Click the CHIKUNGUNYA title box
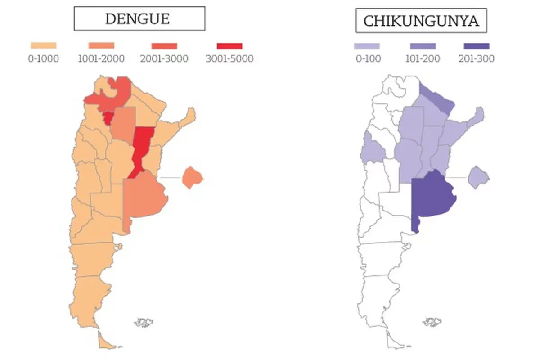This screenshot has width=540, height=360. click(x=421, y=21)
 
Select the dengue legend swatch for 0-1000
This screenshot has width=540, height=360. click(x=43, y=45)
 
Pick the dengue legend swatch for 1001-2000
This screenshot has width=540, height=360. click(x=101, y=45)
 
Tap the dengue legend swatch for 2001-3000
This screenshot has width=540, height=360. click(x=164, y=46)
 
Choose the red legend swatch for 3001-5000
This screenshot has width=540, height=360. click(x=229, y=46)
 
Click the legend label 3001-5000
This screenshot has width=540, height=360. click(x=229, y=58)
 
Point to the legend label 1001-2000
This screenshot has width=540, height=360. click(x=101, y=58)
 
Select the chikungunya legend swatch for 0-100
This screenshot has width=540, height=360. click(x=367, y=46)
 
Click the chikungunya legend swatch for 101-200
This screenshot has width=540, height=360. click(x=423, y=46)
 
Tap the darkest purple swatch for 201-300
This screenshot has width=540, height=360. click(x=476, y=46)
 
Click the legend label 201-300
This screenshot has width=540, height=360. click(x=476, y=58)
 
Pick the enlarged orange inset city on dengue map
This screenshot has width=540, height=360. click(x=192, y=178)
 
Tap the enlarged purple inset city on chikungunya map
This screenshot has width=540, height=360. click(x=478, y=177)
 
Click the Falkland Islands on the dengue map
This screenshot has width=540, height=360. click(x=144, y=322)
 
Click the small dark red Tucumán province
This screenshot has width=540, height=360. click(x=108, y=118)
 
